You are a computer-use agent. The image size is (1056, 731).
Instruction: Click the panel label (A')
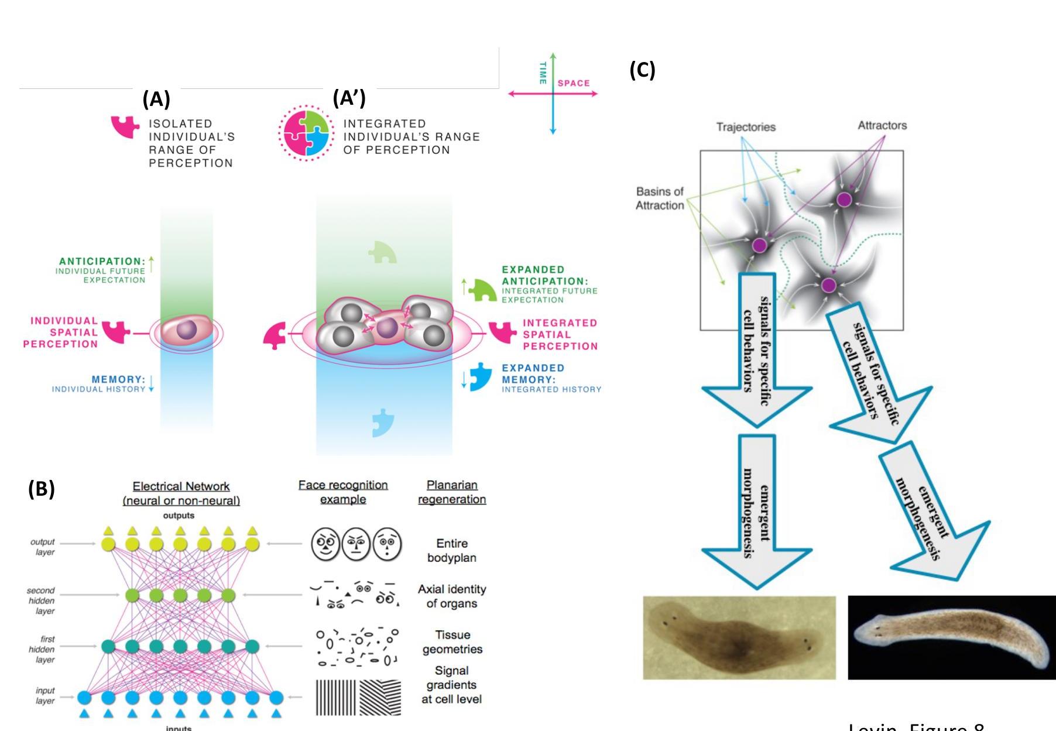pos(349,98)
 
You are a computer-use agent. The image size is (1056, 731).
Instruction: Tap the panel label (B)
pos(41,489)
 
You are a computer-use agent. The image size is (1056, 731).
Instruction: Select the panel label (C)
pos(642,70)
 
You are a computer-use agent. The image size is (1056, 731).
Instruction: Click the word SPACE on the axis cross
pos(573,84)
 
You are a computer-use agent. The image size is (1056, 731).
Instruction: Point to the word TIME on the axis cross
pos(543,73)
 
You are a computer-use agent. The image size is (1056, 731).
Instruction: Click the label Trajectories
pos(746,127)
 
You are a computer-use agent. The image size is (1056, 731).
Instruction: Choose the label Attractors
pos(882,125)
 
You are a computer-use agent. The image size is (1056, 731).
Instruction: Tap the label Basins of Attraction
pos(660,198)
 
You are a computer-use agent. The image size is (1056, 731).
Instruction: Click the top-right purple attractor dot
pos(844,200)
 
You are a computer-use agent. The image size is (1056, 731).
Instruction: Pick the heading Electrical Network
pos(181,487)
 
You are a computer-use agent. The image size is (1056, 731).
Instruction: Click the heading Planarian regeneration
pos(451,492)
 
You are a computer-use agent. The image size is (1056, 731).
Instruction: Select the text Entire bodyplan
pos(451,551)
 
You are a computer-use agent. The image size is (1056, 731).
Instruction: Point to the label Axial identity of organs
pos(451,596)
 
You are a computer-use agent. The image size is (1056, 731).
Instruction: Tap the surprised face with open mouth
pos(387,544)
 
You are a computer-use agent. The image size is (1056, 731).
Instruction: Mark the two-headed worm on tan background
pos(739,638)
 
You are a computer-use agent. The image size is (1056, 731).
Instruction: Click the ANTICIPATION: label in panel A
pos(102,262)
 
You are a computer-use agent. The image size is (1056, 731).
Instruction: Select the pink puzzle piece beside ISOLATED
pos(125,126)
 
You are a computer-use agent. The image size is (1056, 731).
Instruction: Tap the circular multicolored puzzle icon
pos(305,133)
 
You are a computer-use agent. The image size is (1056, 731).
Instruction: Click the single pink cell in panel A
pos(187,330)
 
